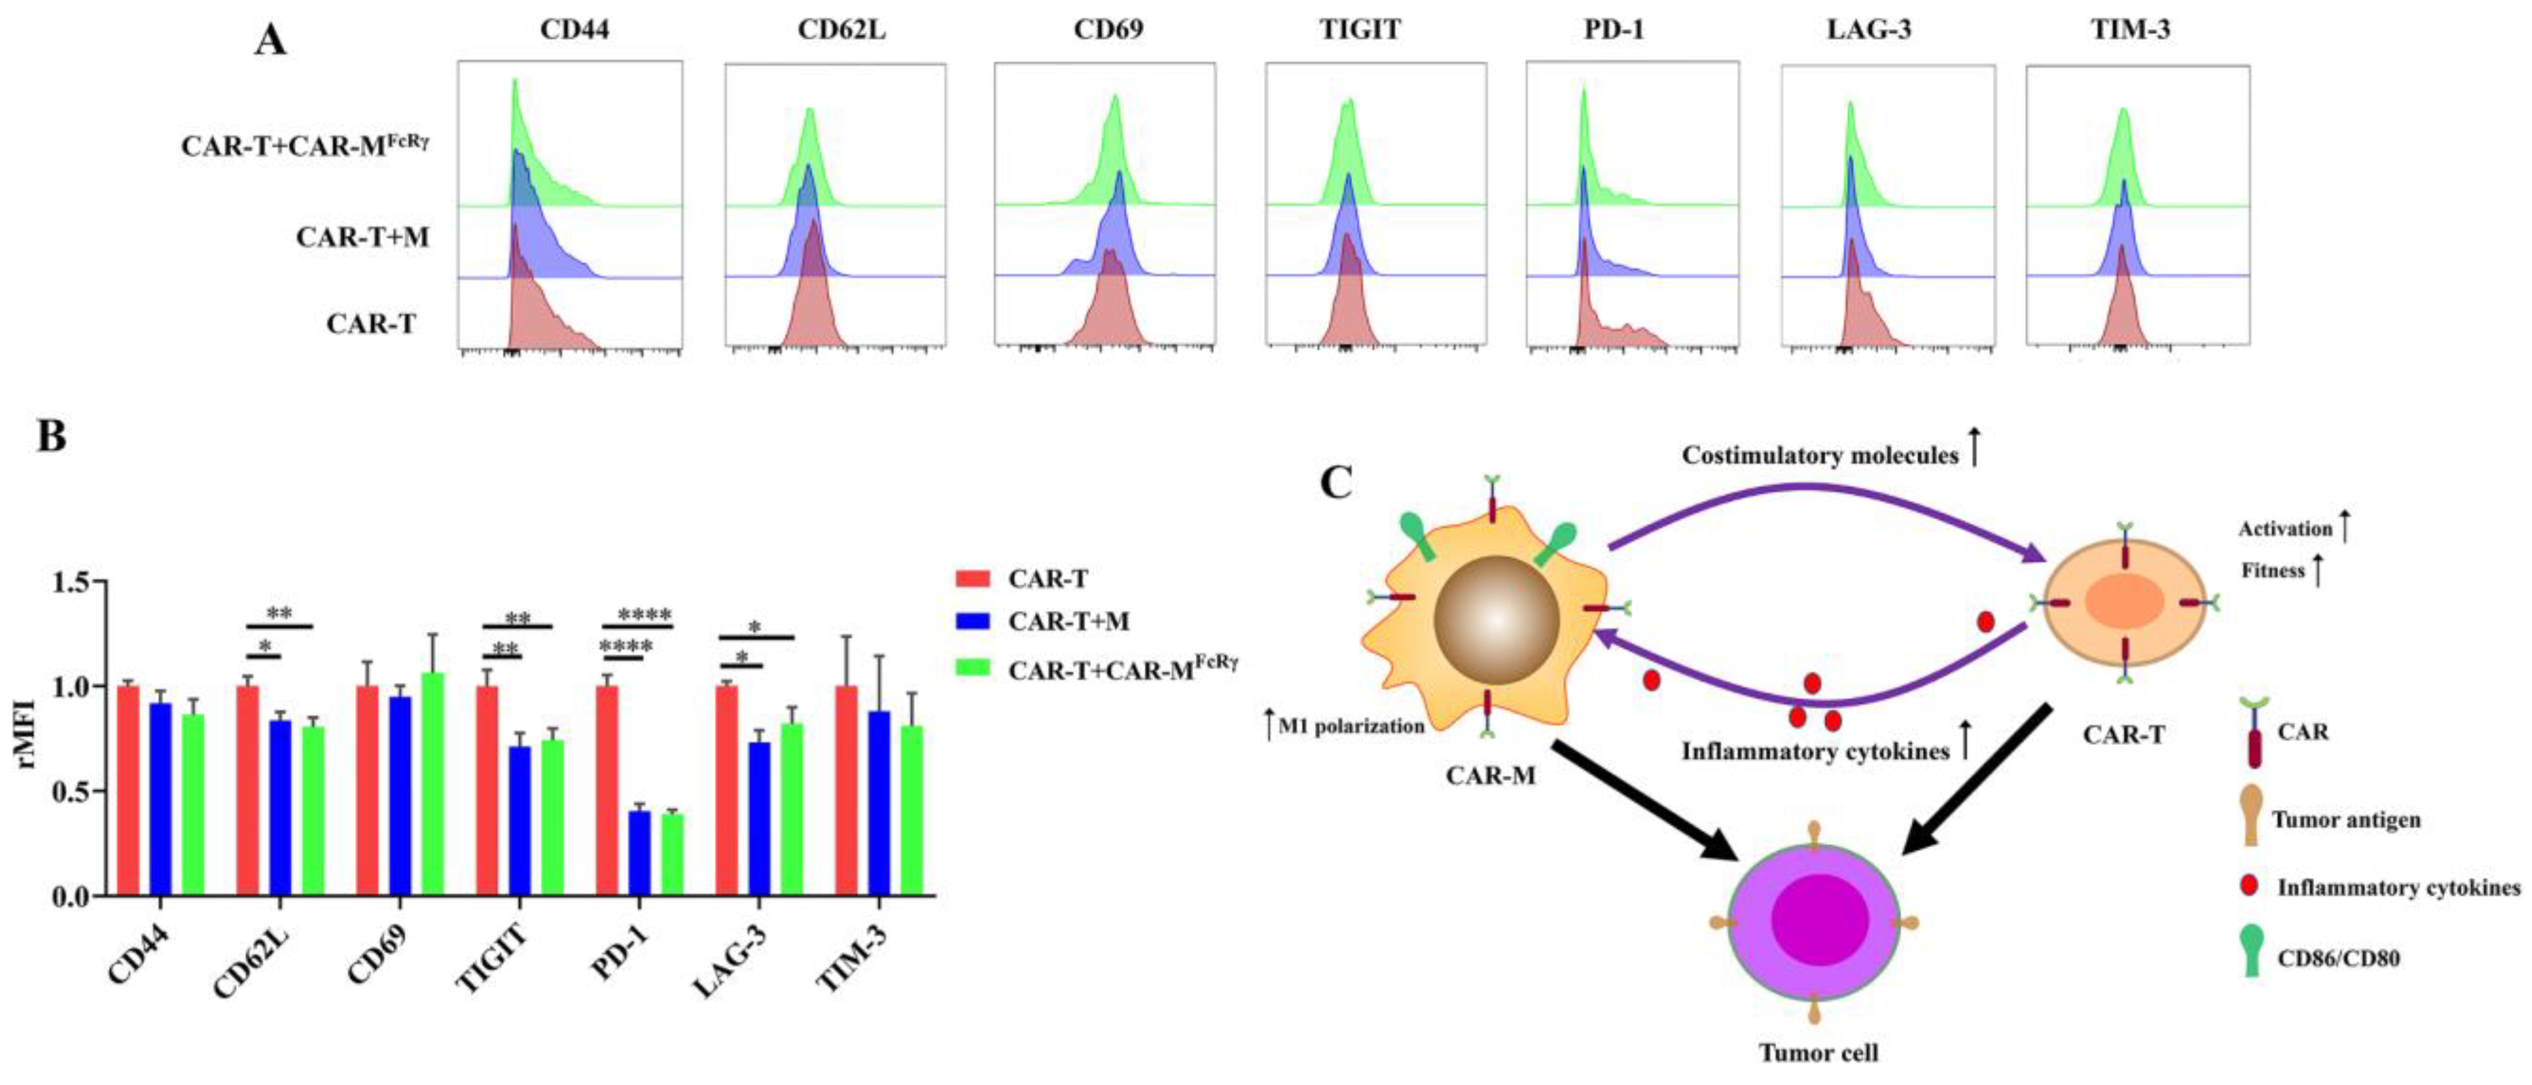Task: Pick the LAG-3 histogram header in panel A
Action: pos(1869,30)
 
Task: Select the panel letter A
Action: pos(271,41)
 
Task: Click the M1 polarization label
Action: pos(1351,726)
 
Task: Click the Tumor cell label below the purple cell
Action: pos(1818,1053)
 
